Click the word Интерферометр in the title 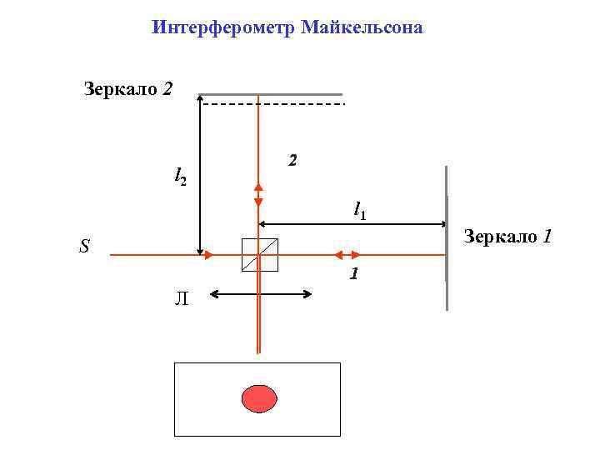[x=224, y=27]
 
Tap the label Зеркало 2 [x=128, y=88]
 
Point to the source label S [x=84, y=247]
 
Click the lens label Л [x=182, y=299]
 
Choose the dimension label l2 [x=180, y=176]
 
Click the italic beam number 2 [x=292, y=159]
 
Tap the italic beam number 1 [x=354, y=273]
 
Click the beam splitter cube [x=259, y=255]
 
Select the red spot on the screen [x=258, y=398]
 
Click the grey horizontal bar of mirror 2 [x=270, y=93]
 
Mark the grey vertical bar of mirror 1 [x=447, y=238]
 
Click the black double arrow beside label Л [x=261, y=293]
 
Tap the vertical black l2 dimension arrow [x=200, y=175]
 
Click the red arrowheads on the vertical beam [x=258, y=195]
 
